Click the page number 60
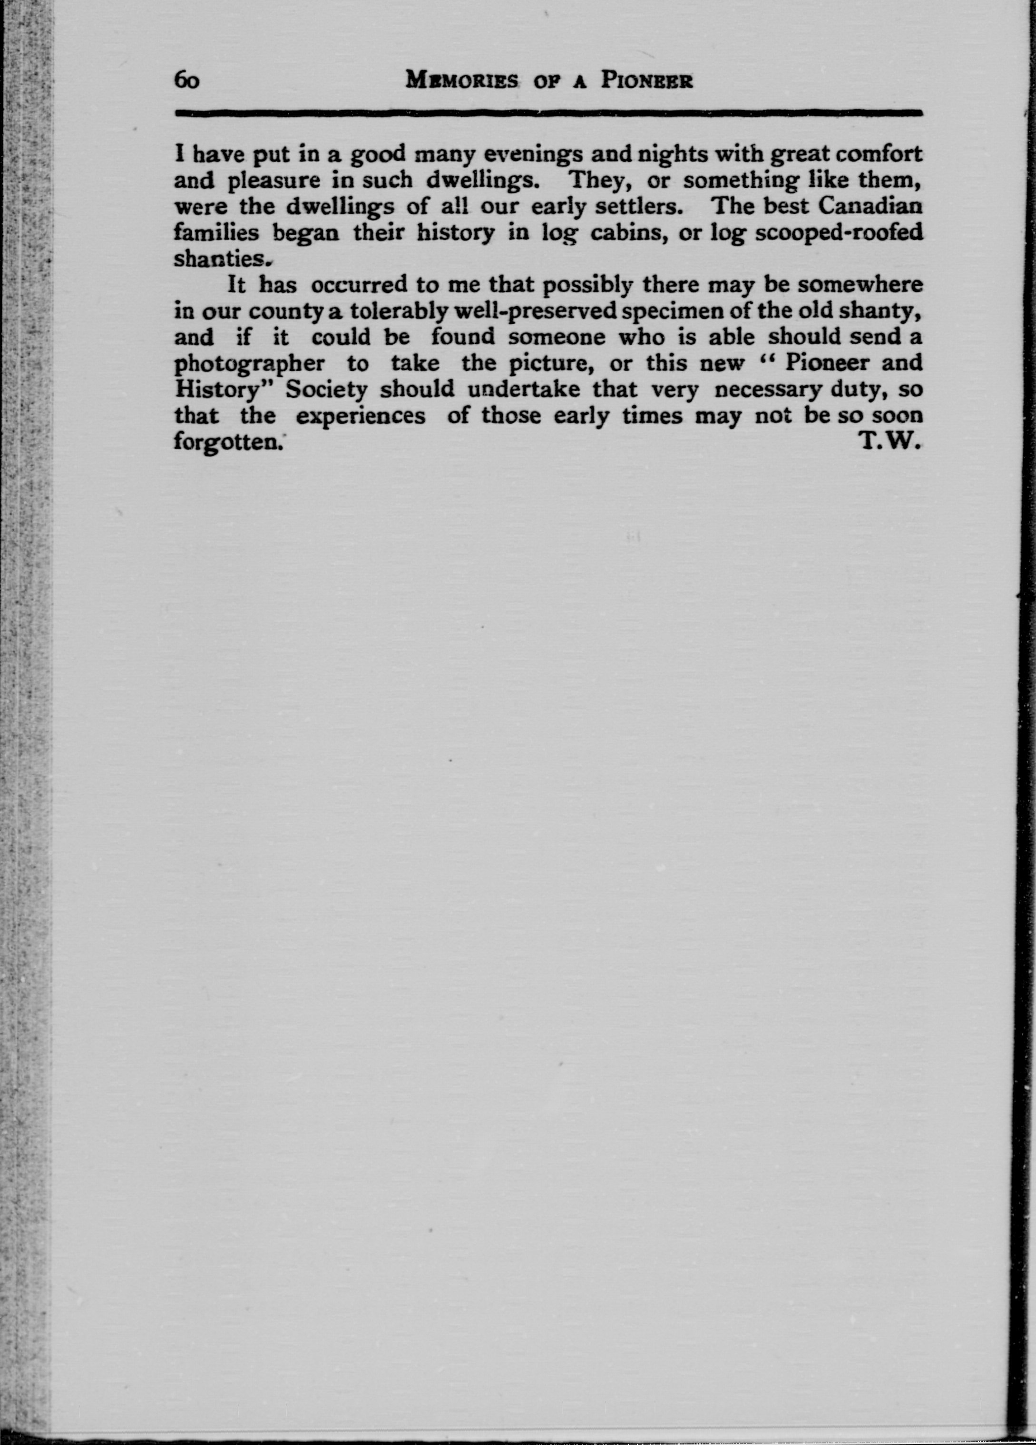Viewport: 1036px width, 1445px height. coord(187,81)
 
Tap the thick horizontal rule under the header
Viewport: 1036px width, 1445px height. coord(548,113)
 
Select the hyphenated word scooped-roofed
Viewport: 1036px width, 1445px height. coord(839,233)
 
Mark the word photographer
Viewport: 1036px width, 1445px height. coord(249,364)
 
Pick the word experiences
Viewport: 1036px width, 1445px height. coord(361,415)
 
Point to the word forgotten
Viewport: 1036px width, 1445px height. coord(227,442)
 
